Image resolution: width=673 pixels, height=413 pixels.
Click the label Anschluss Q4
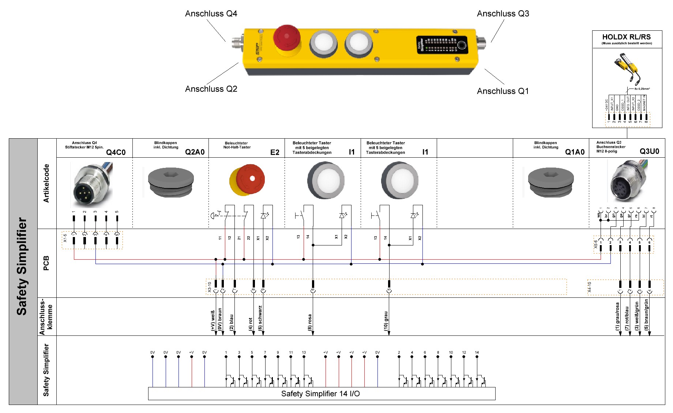(211, 14)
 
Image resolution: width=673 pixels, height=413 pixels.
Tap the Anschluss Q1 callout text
(503, 91)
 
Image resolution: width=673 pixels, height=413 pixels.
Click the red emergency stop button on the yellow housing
(287, 38)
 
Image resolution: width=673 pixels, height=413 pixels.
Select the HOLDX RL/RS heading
(626, 37)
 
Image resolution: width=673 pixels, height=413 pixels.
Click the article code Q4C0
(116, 152)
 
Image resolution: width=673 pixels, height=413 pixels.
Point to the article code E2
(275, 152)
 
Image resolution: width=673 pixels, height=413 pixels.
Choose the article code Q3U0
(649, 151)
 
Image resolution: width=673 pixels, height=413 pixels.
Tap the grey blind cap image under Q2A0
(170, 182)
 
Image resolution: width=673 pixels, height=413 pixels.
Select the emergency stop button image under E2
(247, 180)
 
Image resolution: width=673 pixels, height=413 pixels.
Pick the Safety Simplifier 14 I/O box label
(320, 394)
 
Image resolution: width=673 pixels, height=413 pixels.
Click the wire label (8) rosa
(310, 322)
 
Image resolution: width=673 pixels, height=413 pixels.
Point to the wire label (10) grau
(386, 321)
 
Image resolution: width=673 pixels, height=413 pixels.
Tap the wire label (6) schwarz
(260, 318)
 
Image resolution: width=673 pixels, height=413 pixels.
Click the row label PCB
(46, 263)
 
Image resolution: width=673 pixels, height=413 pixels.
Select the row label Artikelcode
(46, 183)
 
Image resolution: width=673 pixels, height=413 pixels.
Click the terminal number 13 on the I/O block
(304, 353)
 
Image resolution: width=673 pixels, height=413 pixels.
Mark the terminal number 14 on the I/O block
(477, 353)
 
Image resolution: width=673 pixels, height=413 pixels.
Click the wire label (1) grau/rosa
(617, 316)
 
